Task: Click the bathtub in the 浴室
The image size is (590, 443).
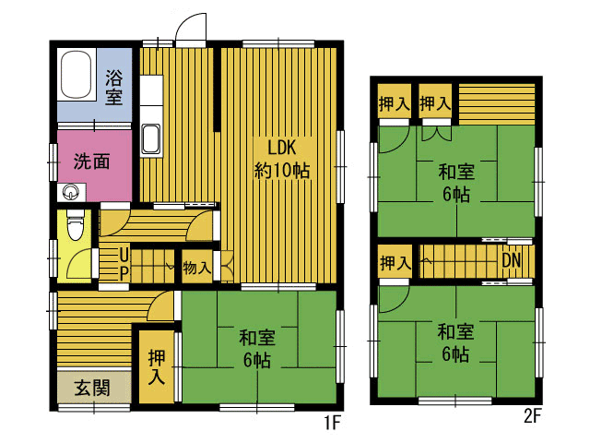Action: pos(76,74)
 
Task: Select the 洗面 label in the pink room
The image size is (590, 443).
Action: pos(91,162)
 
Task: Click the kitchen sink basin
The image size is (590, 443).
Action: pos(151,138)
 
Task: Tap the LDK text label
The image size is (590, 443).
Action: pos(282,148)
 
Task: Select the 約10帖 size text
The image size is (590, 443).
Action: pos(282,170)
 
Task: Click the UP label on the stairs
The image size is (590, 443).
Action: pos(124,264)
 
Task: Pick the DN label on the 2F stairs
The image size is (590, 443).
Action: pos(512,260)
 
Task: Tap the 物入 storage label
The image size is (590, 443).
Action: pos(196,268)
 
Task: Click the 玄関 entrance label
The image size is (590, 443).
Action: pos(92,388)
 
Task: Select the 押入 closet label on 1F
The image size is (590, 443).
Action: pos(156,367)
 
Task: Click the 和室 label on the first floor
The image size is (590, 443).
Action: pos(257,338)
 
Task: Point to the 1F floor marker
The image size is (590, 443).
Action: pos(333,423)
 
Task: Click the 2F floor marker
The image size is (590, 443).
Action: pos(532,416)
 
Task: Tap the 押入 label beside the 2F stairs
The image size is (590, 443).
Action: pos(395,262)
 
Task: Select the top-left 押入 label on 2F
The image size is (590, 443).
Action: pos(394,103)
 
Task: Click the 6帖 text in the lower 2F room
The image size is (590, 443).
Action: pos(455,354)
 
